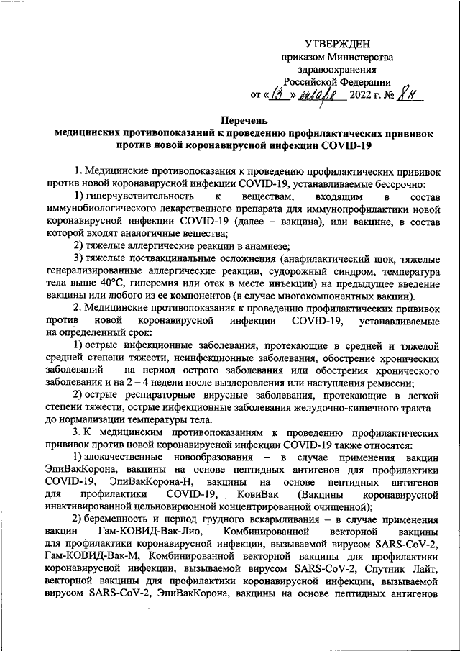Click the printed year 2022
pos(363,95)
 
